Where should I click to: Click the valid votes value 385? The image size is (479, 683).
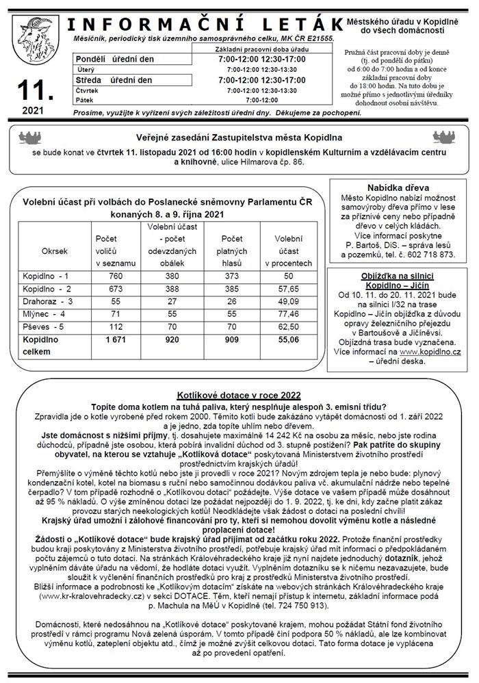(x=233, y=288)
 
